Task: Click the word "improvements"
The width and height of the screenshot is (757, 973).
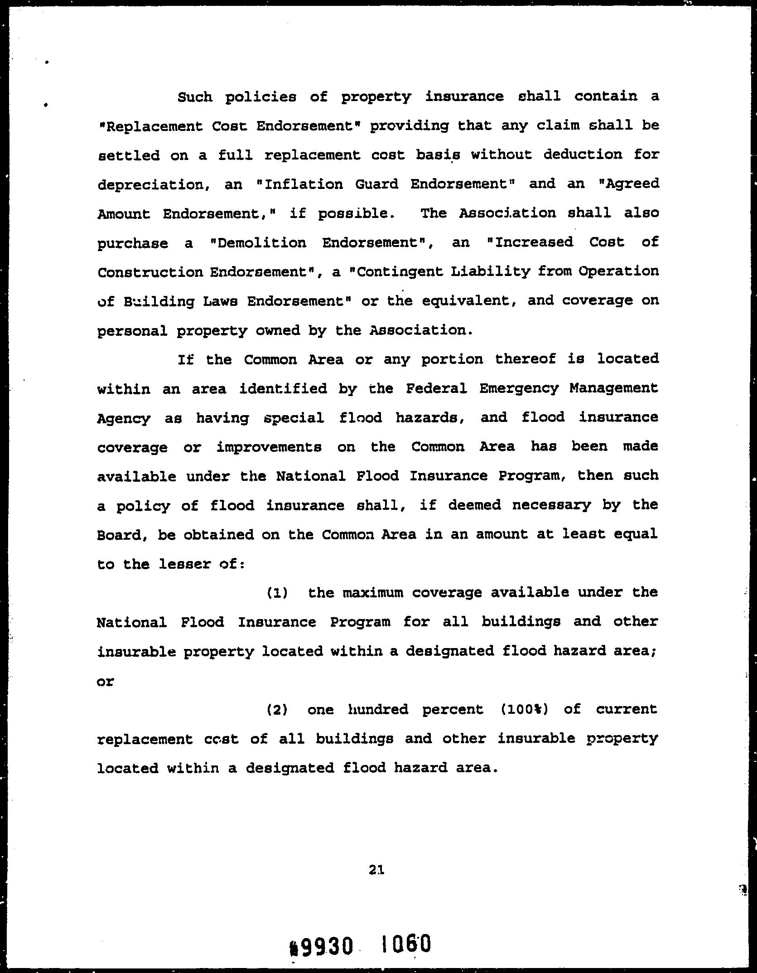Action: tap(269, 447)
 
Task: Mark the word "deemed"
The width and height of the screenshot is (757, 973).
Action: tap(474, 505)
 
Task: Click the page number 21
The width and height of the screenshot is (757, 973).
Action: tap(376, 869)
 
